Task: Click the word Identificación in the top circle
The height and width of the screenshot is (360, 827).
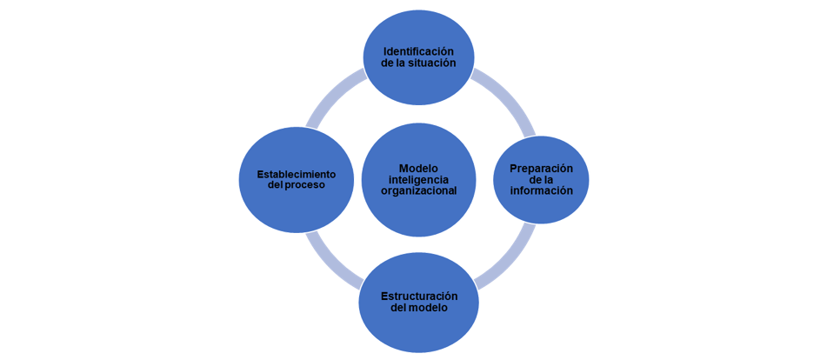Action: [418, 51]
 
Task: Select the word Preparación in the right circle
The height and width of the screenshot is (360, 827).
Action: [541, 168]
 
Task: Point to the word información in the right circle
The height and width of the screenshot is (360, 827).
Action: [541, 190]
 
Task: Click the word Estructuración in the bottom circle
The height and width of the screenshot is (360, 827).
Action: [419, 296]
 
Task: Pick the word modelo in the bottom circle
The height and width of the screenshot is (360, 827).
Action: [429, 308]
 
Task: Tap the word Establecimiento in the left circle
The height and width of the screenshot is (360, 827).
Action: [296, 173]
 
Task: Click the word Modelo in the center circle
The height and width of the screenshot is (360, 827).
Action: [418, 168]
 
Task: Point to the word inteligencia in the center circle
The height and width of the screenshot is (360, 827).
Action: [418, 179]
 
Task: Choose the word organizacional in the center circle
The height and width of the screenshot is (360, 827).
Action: [418, 190]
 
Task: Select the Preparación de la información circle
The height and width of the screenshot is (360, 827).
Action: [541, 209]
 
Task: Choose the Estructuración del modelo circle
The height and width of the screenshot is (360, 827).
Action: [418, 330]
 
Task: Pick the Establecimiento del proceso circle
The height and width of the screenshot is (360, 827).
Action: [296, 209]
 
